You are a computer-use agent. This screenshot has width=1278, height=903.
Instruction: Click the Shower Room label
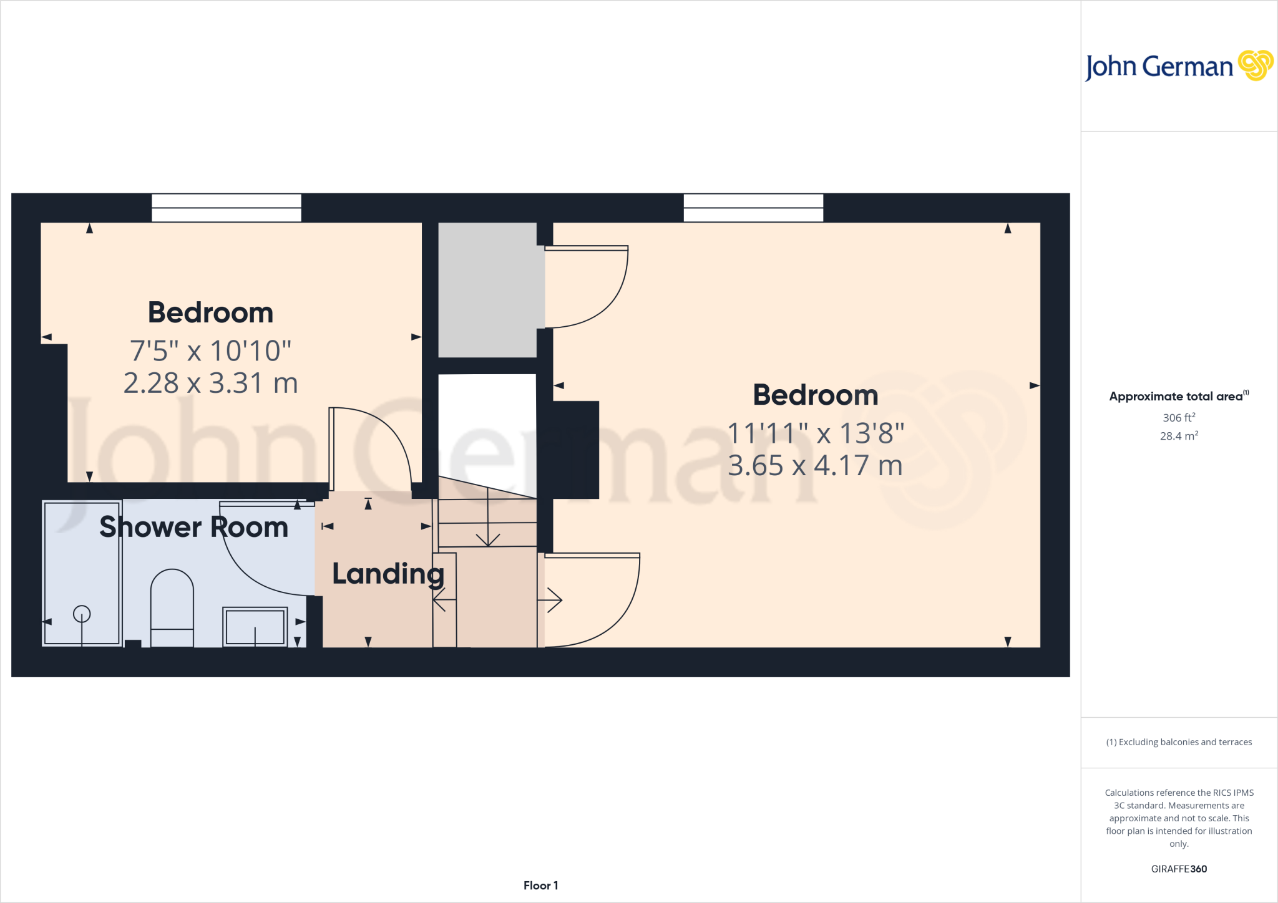coord(193,528)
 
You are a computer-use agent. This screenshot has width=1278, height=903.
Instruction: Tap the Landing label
coord(388,574)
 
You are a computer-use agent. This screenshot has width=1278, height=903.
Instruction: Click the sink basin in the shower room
coord(255,626)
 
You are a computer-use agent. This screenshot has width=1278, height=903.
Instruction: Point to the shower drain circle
coord(82,614)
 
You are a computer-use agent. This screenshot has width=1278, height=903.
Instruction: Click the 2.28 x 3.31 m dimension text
coord(211,383)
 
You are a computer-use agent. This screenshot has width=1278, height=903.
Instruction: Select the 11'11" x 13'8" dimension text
coord(816,433)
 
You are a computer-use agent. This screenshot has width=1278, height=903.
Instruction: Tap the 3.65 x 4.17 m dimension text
coord(816,466)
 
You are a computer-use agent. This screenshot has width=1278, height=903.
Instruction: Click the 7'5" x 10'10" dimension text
coord(211,351)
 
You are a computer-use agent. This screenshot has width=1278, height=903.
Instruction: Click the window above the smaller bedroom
coord(227,208)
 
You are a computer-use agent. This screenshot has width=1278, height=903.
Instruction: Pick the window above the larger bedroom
coord(753,208)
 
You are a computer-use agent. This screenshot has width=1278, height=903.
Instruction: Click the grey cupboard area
coord(487,290)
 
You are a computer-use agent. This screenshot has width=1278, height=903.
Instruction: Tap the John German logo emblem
coord(1256,65)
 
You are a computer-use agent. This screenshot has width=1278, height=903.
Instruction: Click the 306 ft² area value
coord(1179,418)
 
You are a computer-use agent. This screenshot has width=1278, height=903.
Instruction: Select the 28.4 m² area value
coord(1179,436)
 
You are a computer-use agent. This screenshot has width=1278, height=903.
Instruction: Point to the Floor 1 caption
coord(540,886)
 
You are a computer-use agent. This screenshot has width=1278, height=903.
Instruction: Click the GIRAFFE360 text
coord(1179,869)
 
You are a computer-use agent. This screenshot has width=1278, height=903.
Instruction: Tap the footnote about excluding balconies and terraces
coord(1179,742)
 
